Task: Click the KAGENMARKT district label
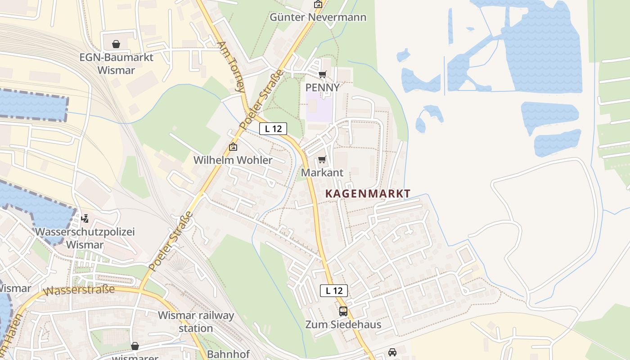[368, 193]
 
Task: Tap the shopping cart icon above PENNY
[322, 74]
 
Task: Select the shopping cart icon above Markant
[322, 160]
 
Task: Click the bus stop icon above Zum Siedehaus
[343, 311]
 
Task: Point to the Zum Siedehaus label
[343, 324]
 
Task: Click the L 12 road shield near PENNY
[273, 129]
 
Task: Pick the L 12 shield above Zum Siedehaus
[334, 291]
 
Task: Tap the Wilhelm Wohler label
[233, 160]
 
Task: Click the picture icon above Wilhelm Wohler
[233, 147]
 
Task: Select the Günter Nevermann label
[318, 18]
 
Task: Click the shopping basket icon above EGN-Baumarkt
[116, 44]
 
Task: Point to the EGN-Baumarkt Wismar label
[116, 64]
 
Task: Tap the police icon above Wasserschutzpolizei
[85, 219]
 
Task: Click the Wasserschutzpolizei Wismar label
[85, 238]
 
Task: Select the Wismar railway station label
[196, 321]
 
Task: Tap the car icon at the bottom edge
[392, 352]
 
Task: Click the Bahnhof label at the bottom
[228, 354]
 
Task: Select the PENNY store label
[322, 87]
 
